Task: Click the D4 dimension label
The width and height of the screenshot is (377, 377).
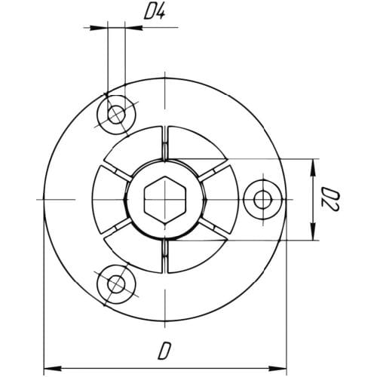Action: [155, 14]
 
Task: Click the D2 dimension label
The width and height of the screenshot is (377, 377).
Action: [330, 200]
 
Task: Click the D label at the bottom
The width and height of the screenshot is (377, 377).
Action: [164, 351]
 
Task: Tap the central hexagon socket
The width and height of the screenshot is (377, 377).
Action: [165, 200]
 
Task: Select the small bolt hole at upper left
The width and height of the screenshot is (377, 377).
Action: [116, 115]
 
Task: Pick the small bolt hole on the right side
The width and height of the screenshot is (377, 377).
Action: [263, 200]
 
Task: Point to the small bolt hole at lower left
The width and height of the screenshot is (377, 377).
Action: [116, 284]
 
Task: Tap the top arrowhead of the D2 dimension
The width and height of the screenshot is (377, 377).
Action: [313, 168]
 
